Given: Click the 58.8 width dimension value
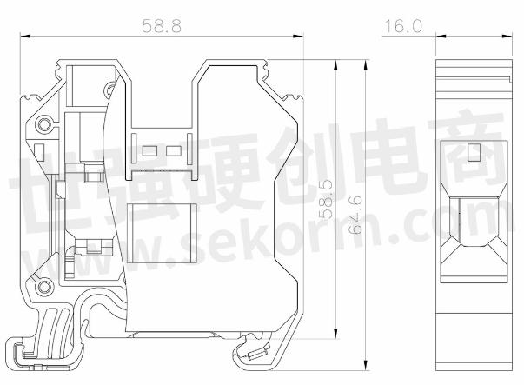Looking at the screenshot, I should point(163,26).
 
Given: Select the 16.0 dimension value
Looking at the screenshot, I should point(402,26).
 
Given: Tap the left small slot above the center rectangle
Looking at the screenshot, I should point(149,151).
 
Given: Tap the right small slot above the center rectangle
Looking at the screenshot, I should point(173,151).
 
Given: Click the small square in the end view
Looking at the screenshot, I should point(474,154).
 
